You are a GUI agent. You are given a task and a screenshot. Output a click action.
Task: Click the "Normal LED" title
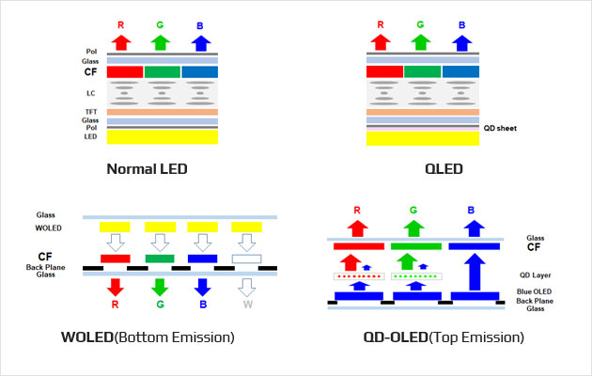pyautogui.click(x=147, y=169)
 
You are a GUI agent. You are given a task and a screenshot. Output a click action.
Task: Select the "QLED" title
pyautogui.click(x=444, y=169)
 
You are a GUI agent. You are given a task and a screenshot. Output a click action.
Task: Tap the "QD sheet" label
pyautogui.click(x=500, y=128)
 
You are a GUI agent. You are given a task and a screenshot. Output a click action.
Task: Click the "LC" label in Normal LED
pyautogui.click(x=90, y=93)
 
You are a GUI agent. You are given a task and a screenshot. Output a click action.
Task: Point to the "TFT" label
pyautogui.click(x=91, y=112)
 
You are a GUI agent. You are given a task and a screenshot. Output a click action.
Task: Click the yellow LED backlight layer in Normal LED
pyautogui.click(x=163, y=136)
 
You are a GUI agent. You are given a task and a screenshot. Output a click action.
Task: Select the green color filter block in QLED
pyautogui.click(x=423, y=71)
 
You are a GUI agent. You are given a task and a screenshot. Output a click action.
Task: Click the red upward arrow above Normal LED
pyautogui.click(x=121, y=42)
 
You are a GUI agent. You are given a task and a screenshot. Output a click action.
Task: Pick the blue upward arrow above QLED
pyautogui.click(x=461, y=43)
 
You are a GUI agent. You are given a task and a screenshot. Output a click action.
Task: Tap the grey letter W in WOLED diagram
pyautogui.click(x=248, y=305)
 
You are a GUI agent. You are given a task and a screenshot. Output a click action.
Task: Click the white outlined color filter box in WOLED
pyautogui.click(x=246, y=258)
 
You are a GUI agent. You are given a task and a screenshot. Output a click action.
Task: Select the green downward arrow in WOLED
pyautogui.click(x=160, y=288)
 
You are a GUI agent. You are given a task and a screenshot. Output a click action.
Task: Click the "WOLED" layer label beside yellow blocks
pyautogui.click(x=48, y=227)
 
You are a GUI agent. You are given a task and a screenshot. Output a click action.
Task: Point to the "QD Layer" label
pyautogui.click(x=536, y=275)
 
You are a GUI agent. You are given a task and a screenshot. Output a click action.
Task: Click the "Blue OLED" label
pyautogui.click(x=535, y=291)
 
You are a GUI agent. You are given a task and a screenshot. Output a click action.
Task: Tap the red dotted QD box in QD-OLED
pyautogui.click(x=359, y=276)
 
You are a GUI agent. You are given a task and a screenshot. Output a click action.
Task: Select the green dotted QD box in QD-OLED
pyautogui.click(x=416, y=276)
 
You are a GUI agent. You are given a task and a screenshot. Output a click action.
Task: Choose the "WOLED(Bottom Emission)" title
pyautogui.click(x=148, y=337)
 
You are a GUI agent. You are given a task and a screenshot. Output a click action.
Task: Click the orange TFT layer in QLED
pyautogui.click(x=423, y=112)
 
